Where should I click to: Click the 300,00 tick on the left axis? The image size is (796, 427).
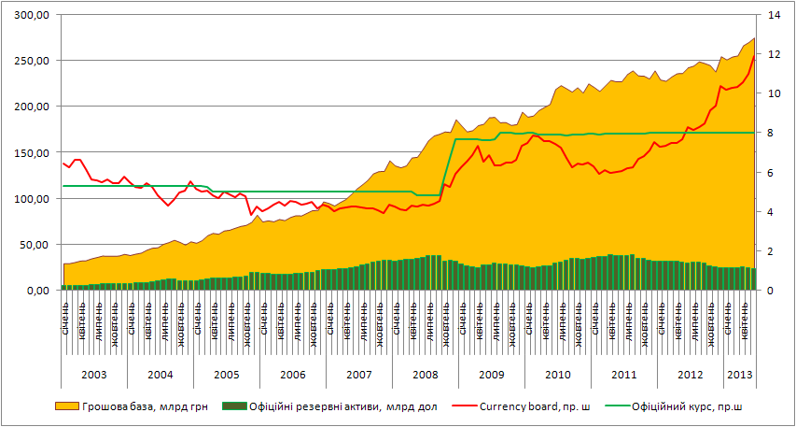(31, 15)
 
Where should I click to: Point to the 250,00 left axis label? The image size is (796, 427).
(31, 61)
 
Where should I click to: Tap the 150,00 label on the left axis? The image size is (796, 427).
(31, 152)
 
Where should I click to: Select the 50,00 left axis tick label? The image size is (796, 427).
(34, 245)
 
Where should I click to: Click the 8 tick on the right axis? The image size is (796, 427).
(774, 133)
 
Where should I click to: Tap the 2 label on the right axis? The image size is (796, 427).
(774, 251)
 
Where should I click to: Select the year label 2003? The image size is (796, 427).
(93, 375)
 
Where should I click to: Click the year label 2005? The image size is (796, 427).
(226, 375)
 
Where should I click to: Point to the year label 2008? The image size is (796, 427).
(425, 375)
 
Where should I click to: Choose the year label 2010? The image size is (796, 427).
(557, 375)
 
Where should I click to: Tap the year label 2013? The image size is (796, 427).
(740, 375)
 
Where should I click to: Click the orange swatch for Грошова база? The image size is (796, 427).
(67, 406)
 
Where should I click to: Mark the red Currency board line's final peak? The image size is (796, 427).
(754, 55)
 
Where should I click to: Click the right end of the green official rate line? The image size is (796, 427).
(754, 133)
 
